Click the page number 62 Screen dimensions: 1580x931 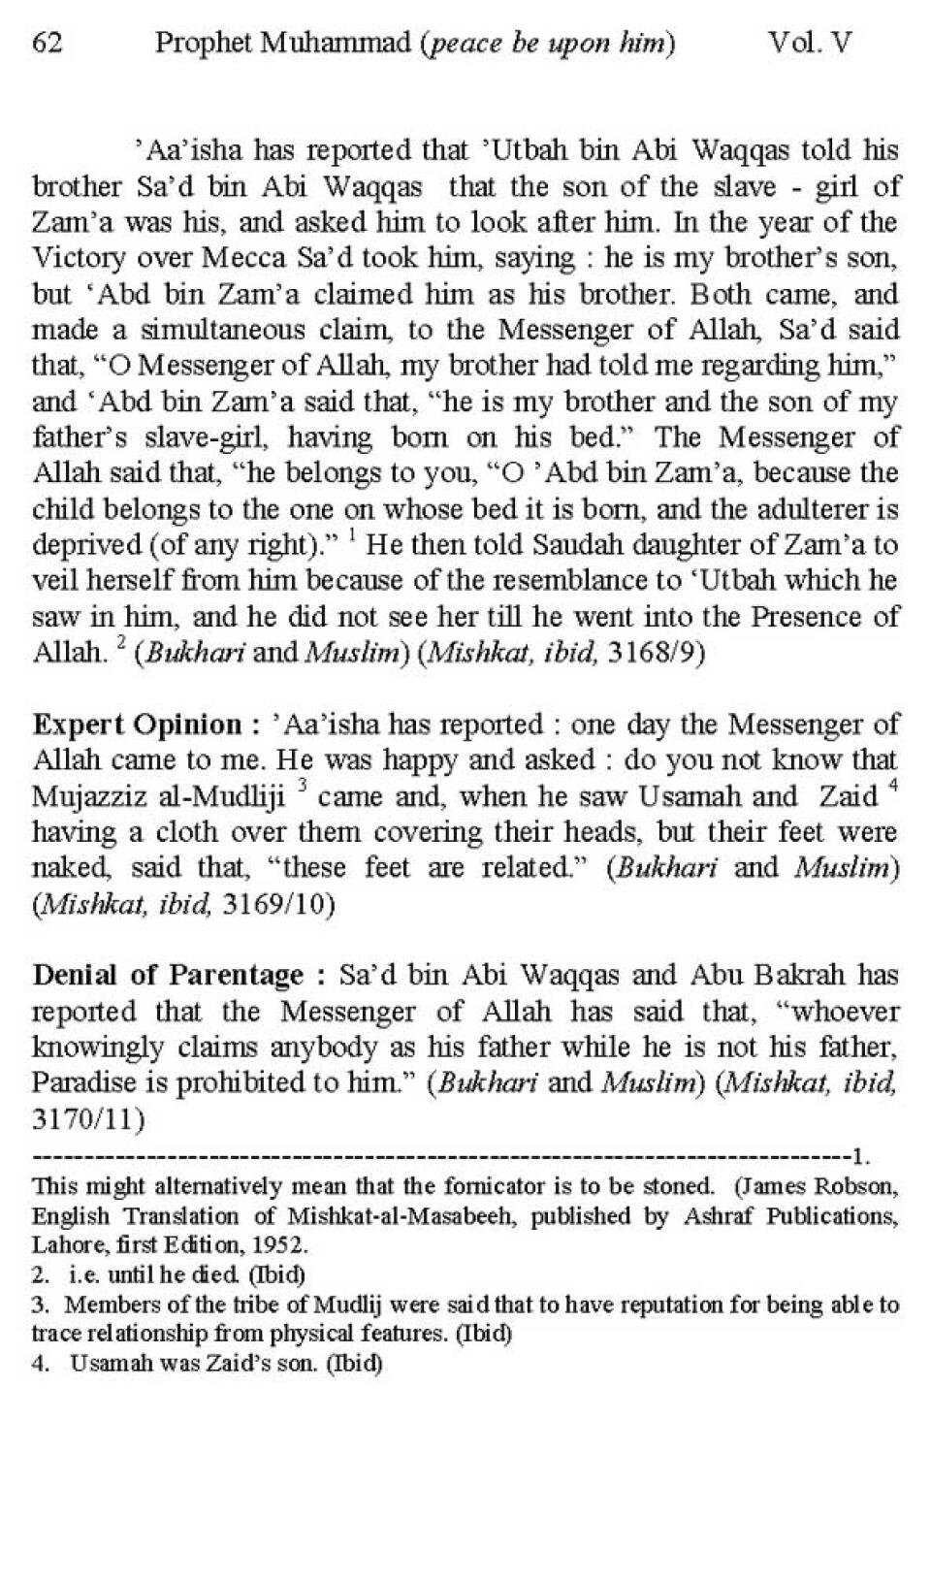point(48,44)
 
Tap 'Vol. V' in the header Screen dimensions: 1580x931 point(809,44)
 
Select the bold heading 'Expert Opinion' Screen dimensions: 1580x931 point(145,725)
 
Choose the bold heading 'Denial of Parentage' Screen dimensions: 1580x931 point(168,975)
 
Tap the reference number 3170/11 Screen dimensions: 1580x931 point(88,1119)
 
